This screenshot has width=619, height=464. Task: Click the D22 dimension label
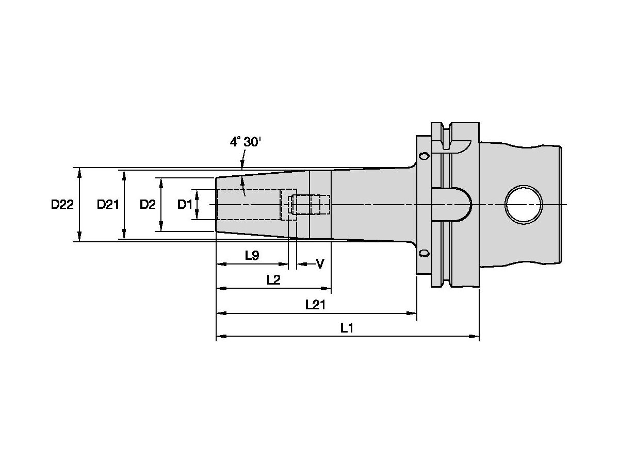(62, 205)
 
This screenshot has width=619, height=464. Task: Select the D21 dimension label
(108, 205)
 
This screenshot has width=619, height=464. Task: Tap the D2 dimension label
(148, 205)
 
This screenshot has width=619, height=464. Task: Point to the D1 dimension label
(185, 205)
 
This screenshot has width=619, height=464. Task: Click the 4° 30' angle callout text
(246, 142)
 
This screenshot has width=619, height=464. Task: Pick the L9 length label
(252, 256)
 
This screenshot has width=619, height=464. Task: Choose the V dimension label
(320, 264)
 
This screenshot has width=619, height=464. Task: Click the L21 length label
(315, 304)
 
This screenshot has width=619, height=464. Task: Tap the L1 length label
(347, 328)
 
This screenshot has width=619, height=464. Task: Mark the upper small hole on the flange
(423, 156)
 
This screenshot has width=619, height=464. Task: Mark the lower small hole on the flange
(423, 253)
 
